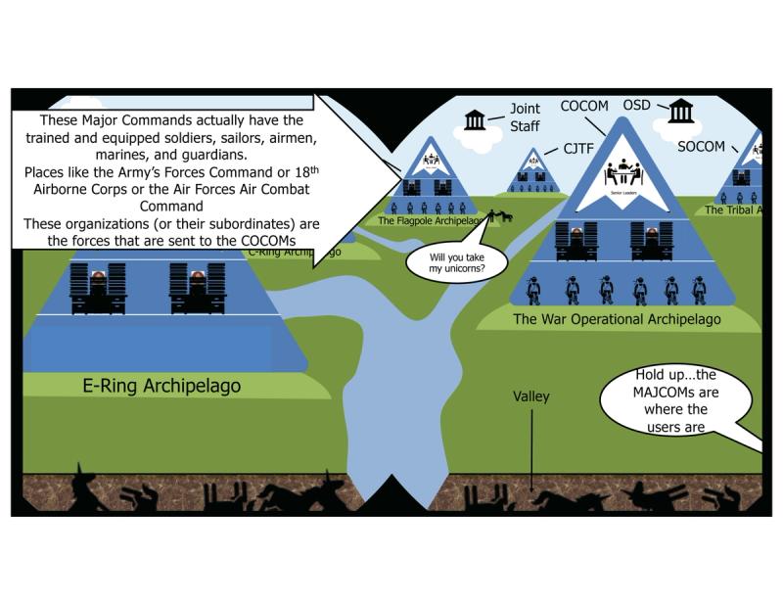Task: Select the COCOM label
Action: pos(584,105)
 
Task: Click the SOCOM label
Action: pos(701,147)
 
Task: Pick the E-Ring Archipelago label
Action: pos(161,386)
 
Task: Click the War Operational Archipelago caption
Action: pos(619,319)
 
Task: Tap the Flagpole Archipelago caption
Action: pos(433,221)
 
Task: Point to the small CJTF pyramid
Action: pos(532,173)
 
